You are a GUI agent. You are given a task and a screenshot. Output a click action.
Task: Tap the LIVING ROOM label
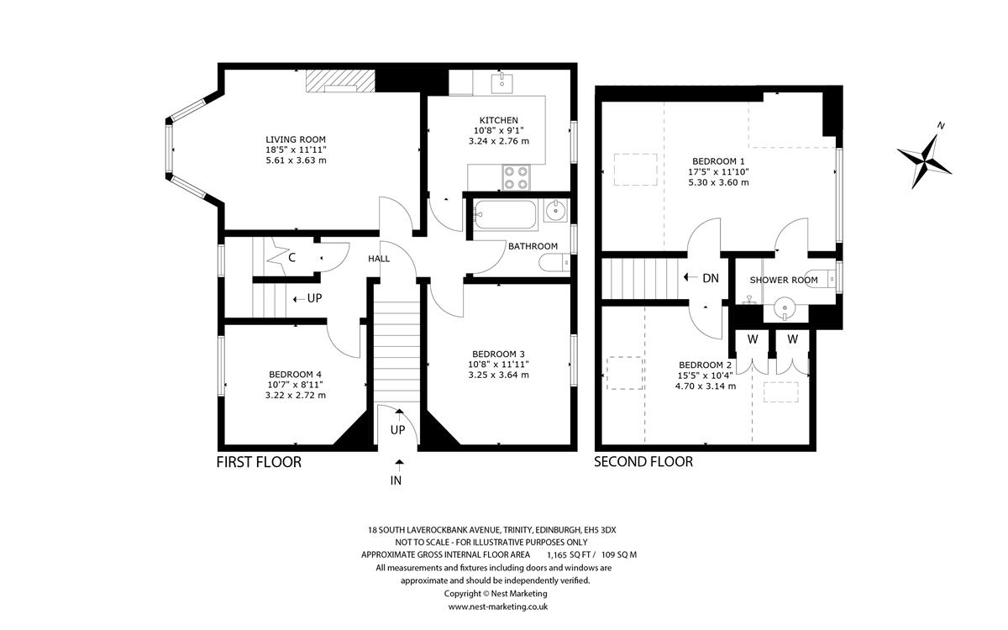tap(295, 139)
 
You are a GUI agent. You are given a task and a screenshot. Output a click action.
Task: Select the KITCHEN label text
tap(498, 120)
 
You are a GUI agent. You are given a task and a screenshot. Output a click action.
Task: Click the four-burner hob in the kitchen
tap(516, 177)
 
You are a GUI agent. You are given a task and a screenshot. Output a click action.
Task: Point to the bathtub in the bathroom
tap(505, 215)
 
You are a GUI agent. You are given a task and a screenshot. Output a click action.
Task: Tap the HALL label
tap(379, 259)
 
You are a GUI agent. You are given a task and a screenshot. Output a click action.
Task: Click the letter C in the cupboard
tap(291, 258)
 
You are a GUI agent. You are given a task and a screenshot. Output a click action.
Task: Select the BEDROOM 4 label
tap(295, 375)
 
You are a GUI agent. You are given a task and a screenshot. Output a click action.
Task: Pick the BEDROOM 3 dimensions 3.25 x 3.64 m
tap(498, 375)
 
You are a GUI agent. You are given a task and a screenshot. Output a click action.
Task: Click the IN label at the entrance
tap(396, 480)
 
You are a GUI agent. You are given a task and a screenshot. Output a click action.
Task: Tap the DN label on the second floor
tap(711, 278)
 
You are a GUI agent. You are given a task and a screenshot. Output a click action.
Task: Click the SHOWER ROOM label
tap(784, 280)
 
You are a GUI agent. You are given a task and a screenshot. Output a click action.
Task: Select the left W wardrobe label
tap(753, 339)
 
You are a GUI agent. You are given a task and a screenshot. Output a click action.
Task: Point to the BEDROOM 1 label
tap(718, 160)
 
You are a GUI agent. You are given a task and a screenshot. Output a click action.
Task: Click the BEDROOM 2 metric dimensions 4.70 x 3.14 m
tap(706, 386)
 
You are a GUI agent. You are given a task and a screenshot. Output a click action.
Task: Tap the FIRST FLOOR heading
tap(259, 462)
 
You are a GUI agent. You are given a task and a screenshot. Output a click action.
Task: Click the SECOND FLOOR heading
tap(643, 462)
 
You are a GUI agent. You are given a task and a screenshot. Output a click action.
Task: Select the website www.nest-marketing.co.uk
tap(498, 606)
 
